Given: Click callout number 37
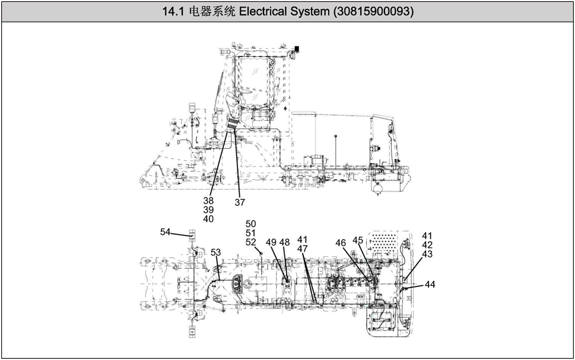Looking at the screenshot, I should (x=240, y=202).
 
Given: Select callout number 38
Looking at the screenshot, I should (x=208, y=200).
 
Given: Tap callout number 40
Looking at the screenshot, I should (x=208, y=219).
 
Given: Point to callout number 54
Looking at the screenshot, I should (x=166, y=232).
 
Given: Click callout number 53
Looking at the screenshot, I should (x=216, y=252).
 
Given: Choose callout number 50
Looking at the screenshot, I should (x=251, y=224).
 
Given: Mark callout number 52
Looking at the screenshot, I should (x=251, y=242).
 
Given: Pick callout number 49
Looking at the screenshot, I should (x=271, y=242).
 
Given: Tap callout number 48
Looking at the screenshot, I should (x=285, y=242).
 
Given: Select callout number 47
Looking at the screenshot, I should (x=303, y=249).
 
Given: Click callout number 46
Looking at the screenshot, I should (x=341, y=243).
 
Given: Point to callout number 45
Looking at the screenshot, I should (x=358, y=240).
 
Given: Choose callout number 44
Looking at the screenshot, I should (x=430, y=285).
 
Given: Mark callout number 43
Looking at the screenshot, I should (x=427, y=254).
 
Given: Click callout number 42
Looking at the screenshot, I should (x=427, y=244).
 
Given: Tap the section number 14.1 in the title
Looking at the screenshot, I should (x=172, y=11).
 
